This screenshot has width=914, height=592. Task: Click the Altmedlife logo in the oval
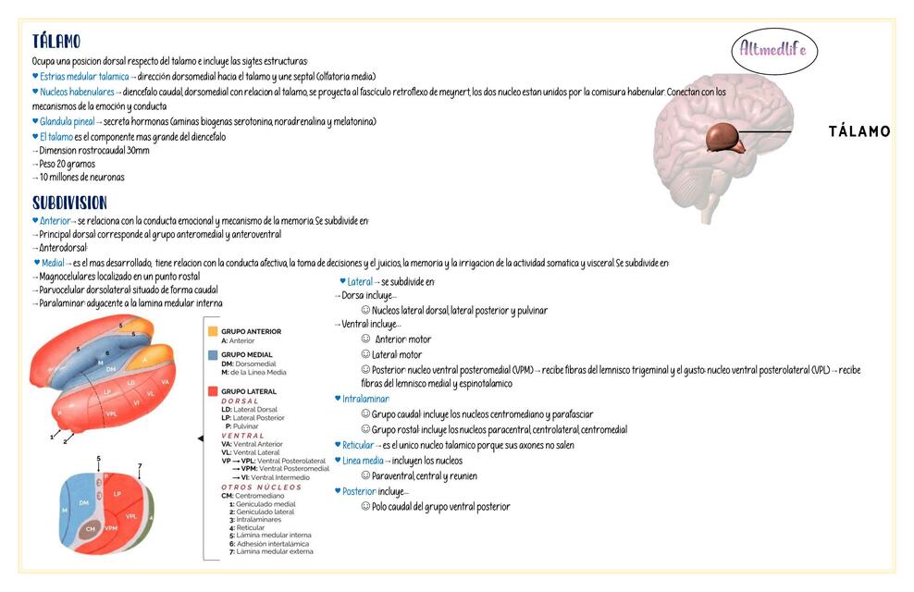pyautogui.click(x=773, y=49)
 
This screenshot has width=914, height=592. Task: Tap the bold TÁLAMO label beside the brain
pyautogui.click(x=859, y=131)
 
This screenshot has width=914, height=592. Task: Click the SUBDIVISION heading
pyautogui.click(x=69, y=202)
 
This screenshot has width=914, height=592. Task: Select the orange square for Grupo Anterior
pyautogui.click(x=213, y=330)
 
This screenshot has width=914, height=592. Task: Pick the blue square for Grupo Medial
pyautogui.click(x=213, y=354)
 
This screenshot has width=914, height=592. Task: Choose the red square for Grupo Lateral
pyautogui.click(x=213, y=391)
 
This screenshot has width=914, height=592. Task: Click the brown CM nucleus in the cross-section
pyautogui.click(x=90, y=529)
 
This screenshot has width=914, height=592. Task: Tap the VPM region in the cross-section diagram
pyautogui.click(x=111, y=527)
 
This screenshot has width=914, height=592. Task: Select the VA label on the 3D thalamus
pyautogui.click(x=166, y=381)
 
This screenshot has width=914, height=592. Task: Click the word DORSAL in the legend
pyautogui.click(x=240, y=401)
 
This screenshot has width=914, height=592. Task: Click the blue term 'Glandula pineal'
pyautogui.click(x=67, y=121)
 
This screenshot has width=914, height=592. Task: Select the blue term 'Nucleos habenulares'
pyautogui.click(x=77, y=92)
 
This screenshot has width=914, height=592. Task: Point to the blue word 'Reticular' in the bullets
pyautogui.click(x=358, y=445)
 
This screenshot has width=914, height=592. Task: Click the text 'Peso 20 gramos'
pyautogui.click(x=69, y=163)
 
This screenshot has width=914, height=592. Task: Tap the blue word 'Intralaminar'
pyautogui.click(x=366, y=399)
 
